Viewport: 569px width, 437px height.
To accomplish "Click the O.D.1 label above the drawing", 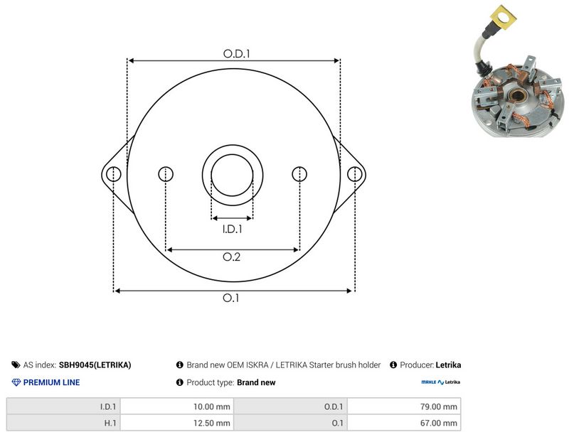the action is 237,54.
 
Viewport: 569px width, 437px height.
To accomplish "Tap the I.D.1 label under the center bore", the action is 233,229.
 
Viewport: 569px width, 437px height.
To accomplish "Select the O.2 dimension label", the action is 232,257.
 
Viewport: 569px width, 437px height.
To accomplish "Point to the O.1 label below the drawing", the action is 230,298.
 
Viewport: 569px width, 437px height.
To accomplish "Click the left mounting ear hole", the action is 114,174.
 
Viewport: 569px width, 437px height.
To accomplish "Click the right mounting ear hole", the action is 354,174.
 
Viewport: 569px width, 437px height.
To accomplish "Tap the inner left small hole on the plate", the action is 166,174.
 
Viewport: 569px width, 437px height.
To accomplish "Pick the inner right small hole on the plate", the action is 299,174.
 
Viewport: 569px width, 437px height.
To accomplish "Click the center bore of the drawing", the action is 233,176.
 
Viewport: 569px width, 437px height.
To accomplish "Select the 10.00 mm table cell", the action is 177,406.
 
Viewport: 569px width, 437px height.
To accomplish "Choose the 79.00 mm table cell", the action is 404,406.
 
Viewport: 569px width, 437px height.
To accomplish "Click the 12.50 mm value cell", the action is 177,423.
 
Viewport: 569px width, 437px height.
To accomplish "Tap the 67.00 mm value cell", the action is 404,423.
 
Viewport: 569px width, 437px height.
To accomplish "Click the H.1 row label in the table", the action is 110,423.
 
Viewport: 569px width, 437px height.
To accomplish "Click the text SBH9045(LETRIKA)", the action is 95,365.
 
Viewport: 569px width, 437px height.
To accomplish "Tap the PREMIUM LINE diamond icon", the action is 16,382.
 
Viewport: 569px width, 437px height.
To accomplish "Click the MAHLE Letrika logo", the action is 440,382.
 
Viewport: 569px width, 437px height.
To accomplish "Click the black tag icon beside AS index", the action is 16,365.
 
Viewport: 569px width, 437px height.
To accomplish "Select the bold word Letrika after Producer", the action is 448,365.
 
